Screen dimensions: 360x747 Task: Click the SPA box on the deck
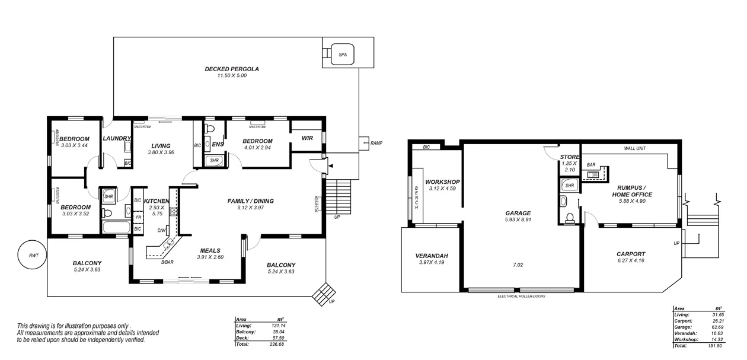[342, 54]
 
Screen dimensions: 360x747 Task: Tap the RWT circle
[33, 256]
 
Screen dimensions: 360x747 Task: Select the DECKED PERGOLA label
[232, 69]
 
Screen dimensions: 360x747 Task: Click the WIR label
[307, 138]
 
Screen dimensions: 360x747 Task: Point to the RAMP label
[376, 144]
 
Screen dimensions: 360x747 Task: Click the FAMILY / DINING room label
[250, 201]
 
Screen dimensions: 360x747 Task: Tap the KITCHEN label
[157, 201]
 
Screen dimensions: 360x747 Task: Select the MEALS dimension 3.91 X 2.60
[210, 257]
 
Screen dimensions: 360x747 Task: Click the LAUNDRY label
[117, 138]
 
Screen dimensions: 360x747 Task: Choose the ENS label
[217, 144]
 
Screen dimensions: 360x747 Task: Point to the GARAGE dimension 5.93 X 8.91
[518, 220]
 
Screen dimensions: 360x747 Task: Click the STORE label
[570, 157]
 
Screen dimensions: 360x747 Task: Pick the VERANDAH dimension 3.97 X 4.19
[431, 262]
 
